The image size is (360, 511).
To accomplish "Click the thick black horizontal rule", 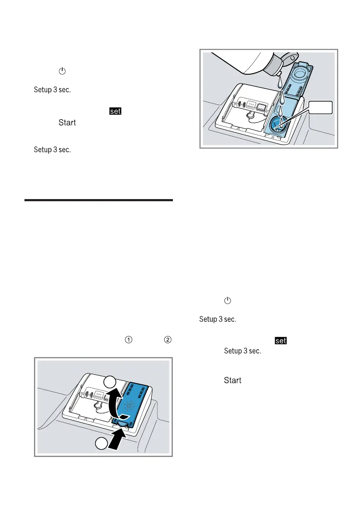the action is [99, 200].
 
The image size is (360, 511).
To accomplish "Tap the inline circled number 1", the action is [128, 339].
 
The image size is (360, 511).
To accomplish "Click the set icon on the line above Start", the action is [115, 112].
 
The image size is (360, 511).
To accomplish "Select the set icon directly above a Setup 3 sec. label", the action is [281, 341].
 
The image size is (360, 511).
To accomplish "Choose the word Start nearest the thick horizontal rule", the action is [67, 123].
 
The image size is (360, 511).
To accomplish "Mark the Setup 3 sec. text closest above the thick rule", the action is [52, 150].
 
